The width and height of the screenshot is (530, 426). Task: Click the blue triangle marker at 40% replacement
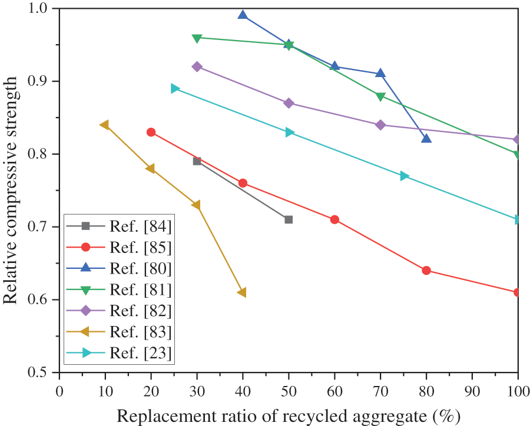click(x=243, y=15)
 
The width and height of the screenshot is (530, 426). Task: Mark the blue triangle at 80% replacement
click(x=426, y=138)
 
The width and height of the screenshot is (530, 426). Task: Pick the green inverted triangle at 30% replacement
click(x=197, y=38)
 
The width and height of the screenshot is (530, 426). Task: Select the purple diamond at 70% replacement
click(x=380, y=125)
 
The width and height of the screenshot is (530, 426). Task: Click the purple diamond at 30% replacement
click(x=197, y=66)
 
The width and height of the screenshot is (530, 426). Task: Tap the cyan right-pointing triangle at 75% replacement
click(x=404, y=176)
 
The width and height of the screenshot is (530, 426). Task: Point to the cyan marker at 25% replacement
click(x=174, y=88)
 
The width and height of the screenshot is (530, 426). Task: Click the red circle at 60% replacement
click(x=334, y=219)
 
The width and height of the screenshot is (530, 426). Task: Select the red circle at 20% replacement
click(x=151, y=132)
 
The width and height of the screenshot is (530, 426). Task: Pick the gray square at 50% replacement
click(x=289, y=219)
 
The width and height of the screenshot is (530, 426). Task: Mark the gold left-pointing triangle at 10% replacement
click(x=105, y=125)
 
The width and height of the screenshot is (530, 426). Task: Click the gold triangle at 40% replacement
click(x=242, y=292)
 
